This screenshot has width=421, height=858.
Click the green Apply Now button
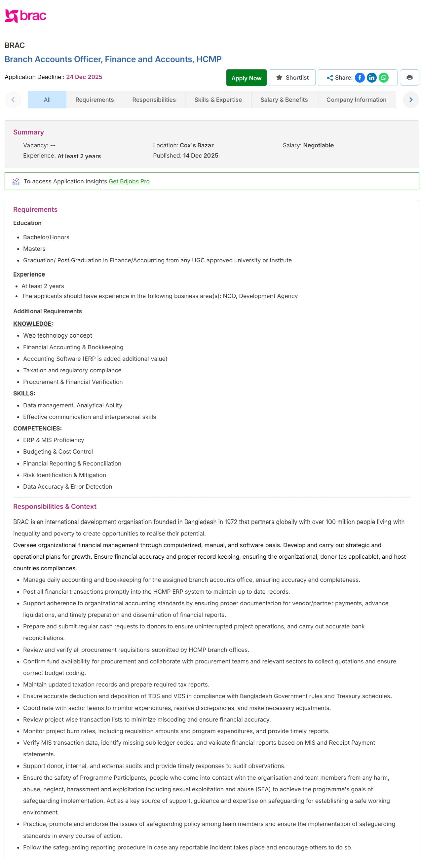(x=246, y=78)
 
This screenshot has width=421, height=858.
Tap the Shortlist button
(x=292, y=78)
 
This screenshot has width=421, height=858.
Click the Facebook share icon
(x=360, y=78)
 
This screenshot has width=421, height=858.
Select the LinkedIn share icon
(x=371, y=78)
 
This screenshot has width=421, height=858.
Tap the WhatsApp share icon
(x=383, y=78)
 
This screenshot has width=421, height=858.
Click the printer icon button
(x=409, y=78)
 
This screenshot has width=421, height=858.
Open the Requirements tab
(x=95, y=100)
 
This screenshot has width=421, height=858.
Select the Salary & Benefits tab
(x=284, y=100)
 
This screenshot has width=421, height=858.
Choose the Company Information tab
(x=356, y=100)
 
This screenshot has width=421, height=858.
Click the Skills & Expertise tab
(x=218, y=100)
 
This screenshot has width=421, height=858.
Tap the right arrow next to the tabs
(x=411, y=100)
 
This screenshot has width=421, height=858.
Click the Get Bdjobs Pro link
(x=129, y=181)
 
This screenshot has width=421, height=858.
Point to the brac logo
(x=25, y=16)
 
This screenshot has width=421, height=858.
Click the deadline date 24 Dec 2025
(x=84, y=77)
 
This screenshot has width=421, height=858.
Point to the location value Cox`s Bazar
(x=196, y=145)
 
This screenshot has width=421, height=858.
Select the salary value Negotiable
(x=318, y=145)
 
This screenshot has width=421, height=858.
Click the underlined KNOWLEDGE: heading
(x=33, y=324)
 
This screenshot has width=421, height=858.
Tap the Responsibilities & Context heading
(x=55, y=506)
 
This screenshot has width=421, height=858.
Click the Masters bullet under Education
(x=34, y=249)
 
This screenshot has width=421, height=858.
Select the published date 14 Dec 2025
(x=200, y=156)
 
